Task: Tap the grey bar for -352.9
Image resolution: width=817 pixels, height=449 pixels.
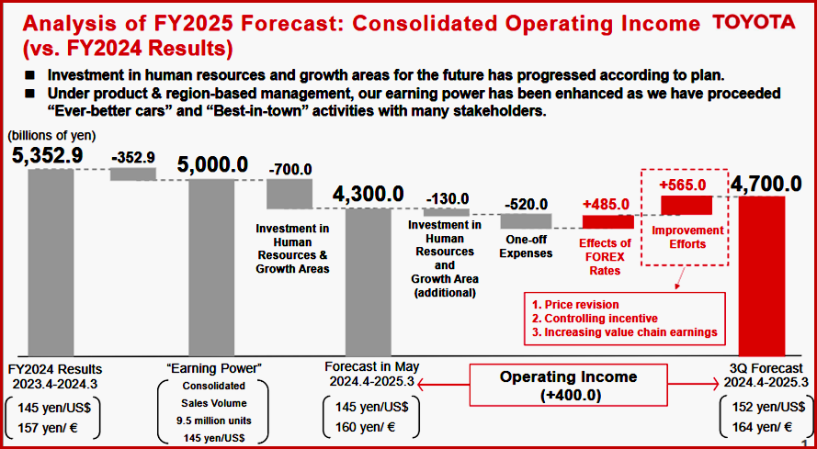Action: pos(133,174)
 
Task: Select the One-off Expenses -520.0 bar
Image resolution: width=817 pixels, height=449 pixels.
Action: pos(527,220)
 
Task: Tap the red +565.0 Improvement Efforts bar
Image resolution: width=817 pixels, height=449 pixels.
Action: pos(685,204)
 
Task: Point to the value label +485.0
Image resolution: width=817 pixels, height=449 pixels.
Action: pos(606,204)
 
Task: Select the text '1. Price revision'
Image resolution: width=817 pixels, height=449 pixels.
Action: pos(576,304)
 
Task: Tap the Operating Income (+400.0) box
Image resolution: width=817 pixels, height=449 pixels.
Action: pos(568,385)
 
